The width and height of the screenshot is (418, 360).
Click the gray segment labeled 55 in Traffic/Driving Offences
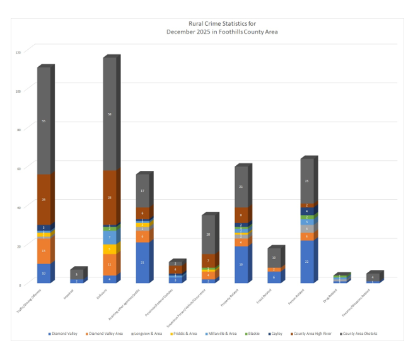44,121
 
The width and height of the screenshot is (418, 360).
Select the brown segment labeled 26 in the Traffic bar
44,199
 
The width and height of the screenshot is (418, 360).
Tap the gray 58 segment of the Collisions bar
110,114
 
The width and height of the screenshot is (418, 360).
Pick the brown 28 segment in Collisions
110,197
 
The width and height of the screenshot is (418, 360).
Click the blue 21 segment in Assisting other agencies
142,262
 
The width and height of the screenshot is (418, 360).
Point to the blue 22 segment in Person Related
307,262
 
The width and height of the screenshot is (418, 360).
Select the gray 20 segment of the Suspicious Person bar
209,235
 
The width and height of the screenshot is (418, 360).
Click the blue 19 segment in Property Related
241,264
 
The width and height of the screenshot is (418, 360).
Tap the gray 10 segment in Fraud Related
274,258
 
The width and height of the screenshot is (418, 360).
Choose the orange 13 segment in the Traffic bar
44,251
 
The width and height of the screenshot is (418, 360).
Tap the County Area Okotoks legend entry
357,333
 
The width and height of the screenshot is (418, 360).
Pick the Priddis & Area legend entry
183,333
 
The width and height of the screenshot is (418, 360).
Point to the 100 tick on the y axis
18,91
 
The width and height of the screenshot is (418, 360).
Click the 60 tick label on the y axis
18,168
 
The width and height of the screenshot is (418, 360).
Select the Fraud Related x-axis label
265,300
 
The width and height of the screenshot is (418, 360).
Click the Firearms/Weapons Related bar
373,278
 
